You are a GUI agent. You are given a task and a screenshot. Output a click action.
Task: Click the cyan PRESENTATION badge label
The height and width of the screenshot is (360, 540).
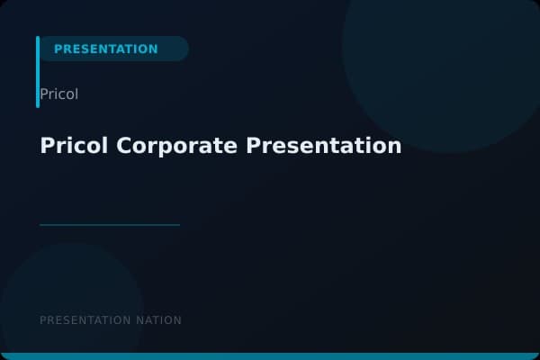pos(105,49)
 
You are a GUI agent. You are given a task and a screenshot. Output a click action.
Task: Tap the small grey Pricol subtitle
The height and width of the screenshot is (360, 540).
pos(59,94)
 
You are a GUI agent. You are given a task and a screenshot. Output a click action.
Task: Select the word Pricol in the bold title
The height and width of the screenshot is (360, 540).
pos(75,146)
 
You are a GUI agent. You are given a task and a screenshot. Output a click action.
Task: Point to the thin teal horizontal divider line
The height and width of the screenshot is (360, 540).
pos(110,225)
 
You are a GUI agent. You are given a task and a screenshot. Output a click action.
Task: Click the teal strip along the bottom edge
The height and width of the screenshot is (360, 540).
pos(270,356)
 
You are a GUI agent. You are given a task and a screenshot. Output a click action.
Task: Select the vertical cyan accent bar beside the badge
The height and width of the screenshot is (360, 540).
pos(38,72)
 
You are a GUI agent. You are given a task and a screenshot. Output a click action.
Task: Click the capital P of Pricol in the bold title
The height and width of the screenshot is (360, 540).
pos(47,146)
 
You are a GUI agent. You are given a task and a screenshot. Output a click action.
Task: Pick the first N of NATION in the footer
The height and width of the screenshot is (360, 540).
pos(138,320)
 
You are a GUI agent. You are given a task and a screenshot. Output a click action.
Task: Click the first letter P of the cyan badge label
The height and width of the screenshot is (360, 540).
pos(58,49)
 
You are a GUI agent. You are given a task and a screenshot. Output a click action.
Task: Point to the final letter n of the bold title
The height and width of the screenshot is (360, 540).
pos(395,147)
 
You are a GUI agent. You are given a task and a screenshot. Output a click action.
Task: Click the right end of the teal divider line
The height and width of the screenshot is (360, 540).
pos(178,225)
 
